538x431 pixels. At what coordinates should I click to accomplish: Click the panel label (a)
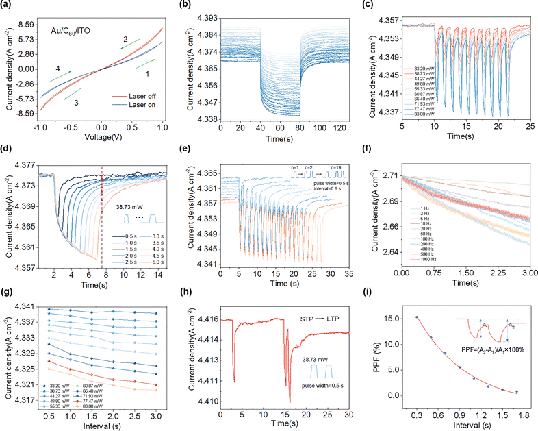pos(9,6)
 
